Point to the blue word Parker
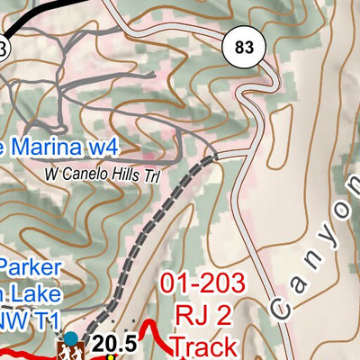(31, 268)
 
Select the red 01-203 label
(203, 284)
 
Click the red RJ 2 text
(203, 315)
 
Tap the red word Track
(203, 346)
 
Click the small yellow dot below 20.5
(112, 356)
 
